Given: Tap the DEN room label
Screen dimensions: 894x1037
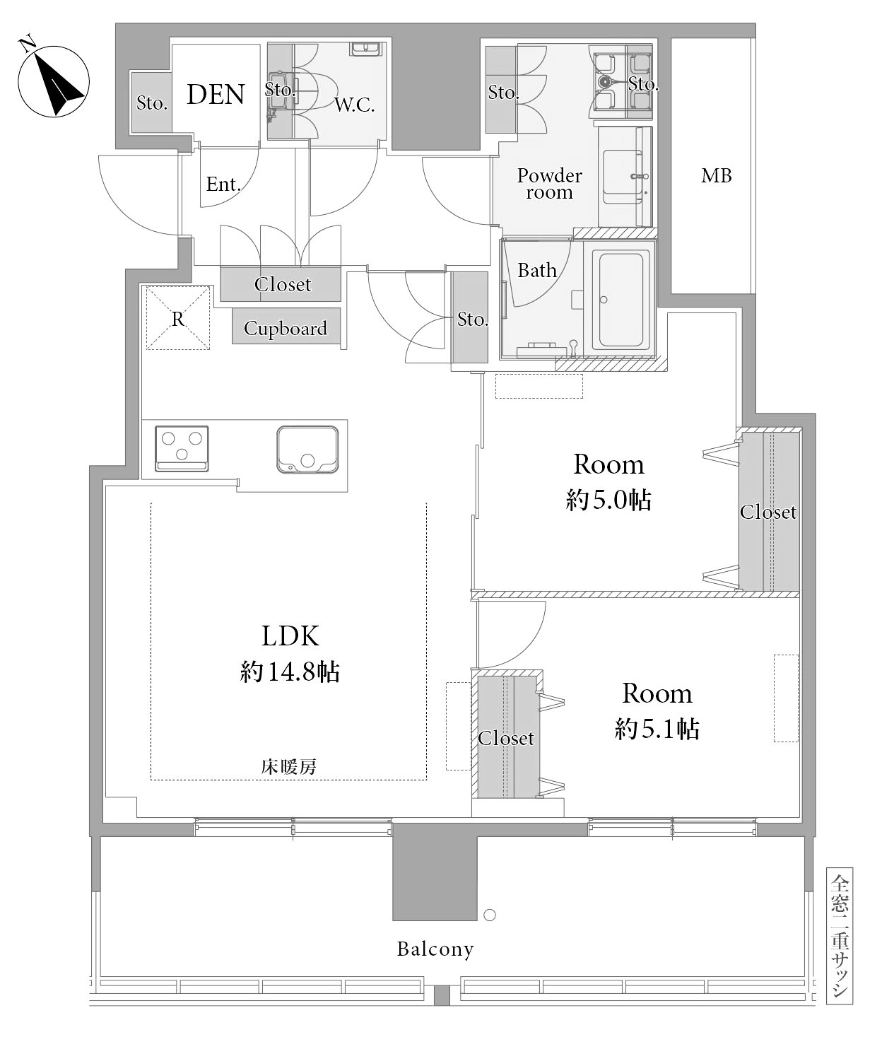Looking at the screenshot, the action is (x=216, y=94).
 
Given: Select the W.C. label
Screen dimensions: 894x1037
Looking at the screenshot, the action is (x=354, y=105).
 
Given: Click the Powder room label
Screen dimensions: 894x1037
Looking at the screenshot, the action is (x=549, y=184).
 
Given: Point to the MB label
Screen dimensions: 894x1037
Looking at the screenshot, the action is (x=716, y=175).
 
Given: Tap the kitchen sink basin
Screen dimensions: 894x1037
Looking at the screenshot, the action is (x=307, y=450).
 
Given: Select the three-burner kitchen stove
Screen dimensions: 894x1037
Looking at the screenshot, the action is (x=182, y=448).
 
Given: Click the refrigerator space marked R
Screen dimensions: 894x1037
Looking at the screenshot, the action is (x=177, y=317).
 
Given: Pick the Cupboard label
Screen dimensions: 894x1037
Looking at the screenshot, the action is (x=286, y=328).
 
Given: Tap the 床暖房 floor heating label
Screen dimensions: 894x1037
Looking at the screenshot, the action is (x=288, y=767).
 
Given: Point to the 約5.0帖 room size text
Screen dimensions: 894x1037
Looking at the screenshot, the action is (x=608, y=500).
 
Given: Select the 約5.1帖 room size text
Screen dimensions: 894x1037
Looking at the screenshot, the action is (x=657, y=729).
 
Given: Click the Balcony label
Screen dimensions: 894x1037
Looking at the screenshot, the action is (x=435, y=949).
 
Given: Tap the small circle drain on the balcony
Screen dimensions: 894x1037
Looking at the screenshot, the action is (x=490, y=915).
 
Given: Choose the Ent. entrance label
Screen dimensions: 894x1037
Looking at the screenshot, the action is (x=223, y=184).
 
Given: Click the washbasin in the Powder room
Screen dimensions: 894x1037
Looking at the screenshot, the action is (x=622, y=177).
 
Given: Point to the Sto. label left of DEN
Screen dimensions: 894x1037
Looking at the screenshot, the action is (x=151, y=102).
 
